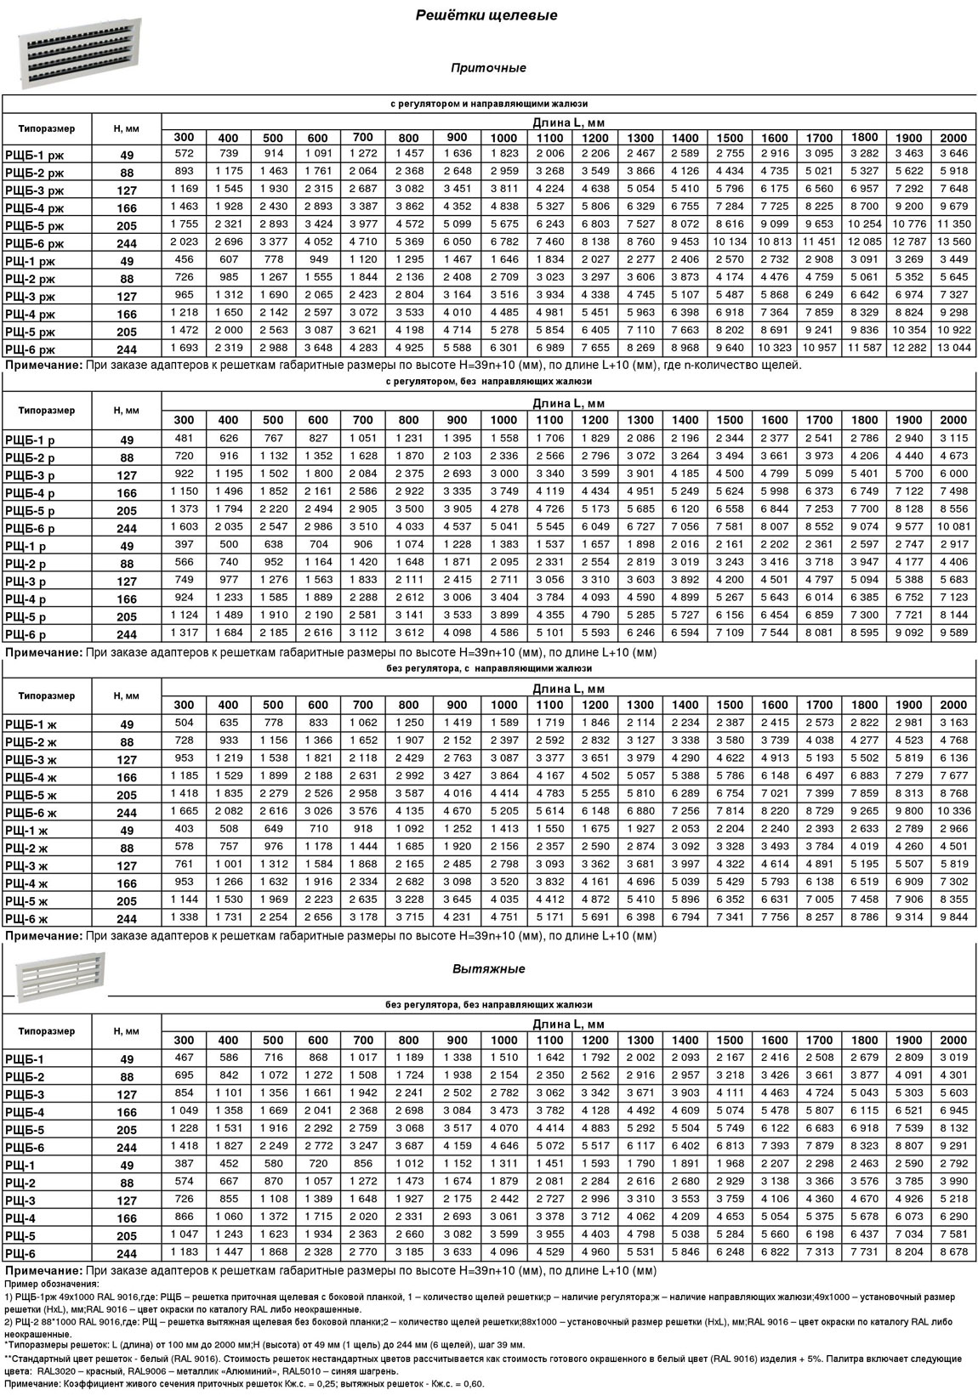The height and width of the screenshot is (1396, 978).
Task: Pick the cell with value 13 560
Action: click(953, 242)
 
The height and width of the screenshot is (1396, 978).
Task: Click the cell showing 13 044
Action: click(953, 349)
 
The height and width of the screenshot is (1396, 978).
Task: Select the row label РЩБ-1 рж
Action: click(33, 155)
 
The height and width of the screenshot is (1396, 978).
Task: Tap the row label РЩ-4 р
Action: click(26, 599)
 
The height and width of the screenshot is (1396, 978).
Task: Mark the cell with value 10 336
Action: click(953, 811)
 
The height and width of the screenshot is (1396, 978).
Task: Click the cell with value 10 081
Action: click(953, 526)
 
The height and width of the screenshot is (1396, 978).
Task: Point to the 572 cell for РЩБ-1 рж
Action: click(184, 153)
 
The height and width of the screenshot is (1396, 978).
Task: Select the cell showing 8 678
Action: click(953, 1251)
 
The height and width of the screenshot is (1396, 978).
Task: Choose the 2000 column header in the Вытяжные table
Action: click(953, 1040)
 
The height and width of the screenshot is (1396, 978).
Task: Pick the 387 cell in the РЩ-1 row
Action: click(184, 1163)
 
